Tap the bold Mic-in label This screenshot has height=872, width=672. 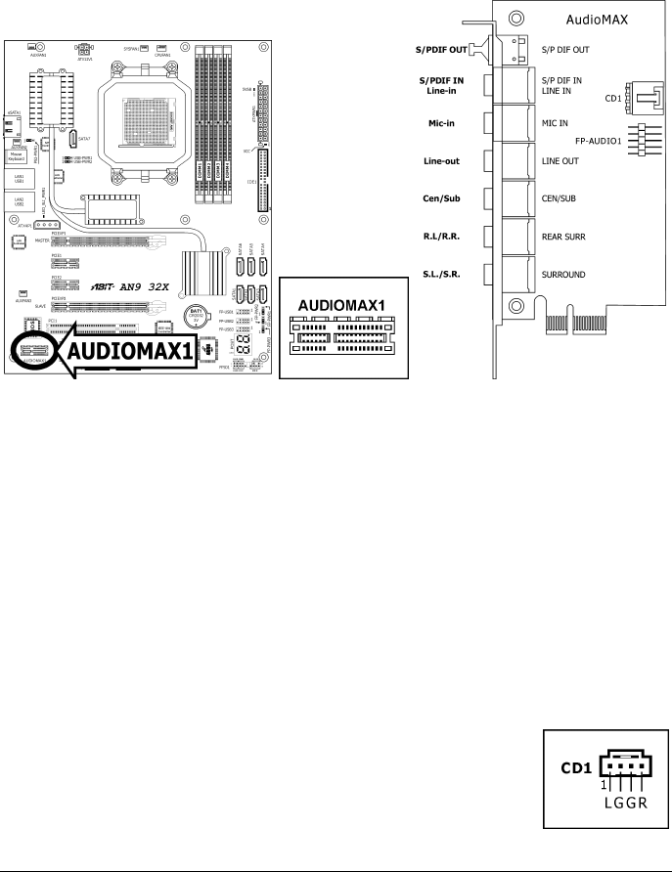coord(446,123)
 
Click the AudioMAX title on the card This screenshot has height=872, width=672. coord(598,19)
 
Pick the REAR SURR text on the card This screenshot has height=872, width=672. coord(564,238)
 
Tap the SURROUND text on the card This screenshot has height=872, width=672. coord(566,276)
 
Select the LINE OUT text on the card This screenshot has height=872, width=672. coord(562,161)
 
